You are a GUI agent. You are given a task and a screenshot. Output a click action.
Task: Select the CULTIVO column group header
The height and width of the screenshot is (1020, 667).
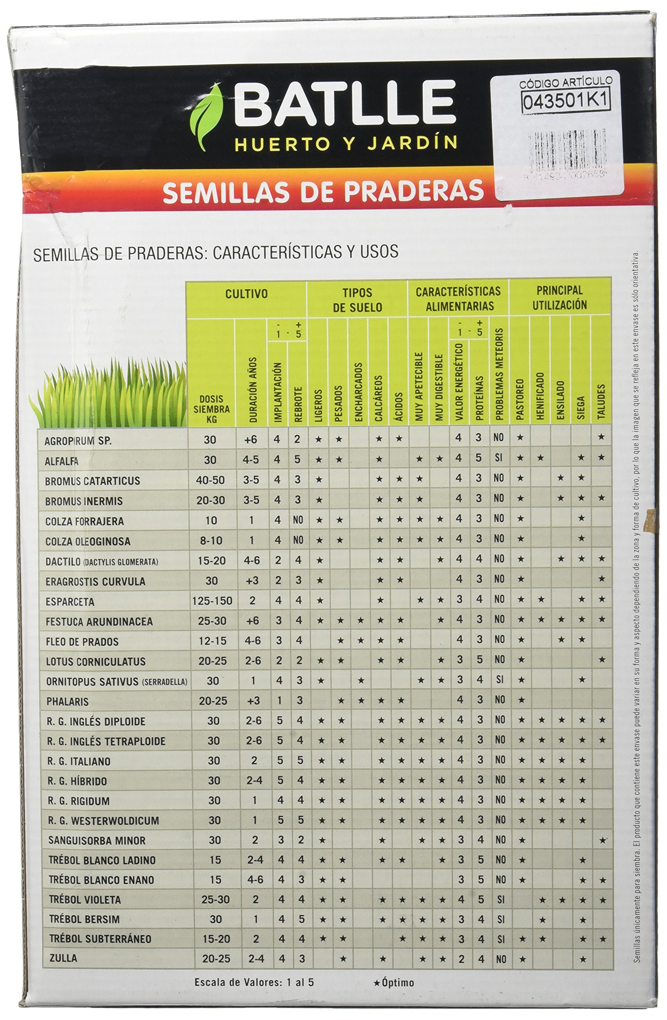pos(247,294)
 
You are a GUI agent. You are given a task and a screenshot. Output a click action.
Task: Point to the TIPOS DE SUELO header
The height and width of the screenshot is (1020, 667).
pos(357,300)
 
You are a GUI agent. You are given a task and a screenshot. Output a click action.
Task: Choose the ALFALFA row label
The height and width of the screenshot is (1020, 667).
pos(62,461)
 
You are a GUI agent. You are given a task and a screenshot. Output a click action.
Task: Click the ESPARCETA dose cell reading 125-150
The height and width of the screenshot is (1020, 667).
pos(212,601)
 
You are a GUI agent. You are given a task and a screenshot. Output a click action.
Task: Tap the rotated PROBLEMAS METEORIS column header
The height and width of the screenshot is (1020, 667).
pos(498,374)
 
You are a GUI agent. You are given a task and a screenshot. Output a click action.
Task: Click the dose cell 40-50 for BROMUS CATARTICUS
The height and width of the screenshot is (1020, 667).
pos(210,480)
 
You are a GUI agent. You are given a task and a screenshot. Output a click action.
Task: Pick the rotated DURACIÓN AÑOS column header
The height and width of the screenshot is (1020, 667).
pos(253,390)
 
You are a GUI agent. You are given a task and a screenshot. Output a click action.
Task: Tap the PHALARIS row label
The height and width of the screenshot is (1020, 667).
pos(67,702)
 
